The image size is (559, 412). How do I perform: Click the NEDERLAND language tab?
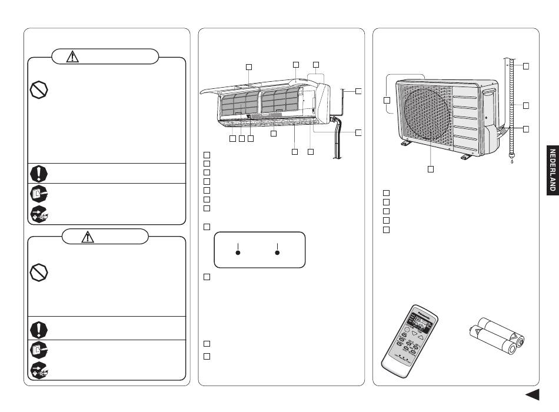pos(553,170)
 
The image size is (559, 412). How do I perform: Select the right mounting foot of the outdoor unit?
pos(465,156)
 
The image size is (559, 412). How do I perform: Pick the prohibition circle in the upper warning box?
pos(38,89)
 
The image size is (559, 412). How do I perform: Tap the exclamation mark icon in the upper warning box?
pos(38,172)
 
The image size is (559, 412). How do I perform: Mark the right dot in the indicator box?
pos(278,253)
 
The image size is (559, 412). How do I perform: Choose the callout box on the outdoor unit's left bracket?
pos(387,101)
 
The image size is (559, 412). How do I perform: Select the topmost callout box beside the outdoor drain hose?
pos(526,65)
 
